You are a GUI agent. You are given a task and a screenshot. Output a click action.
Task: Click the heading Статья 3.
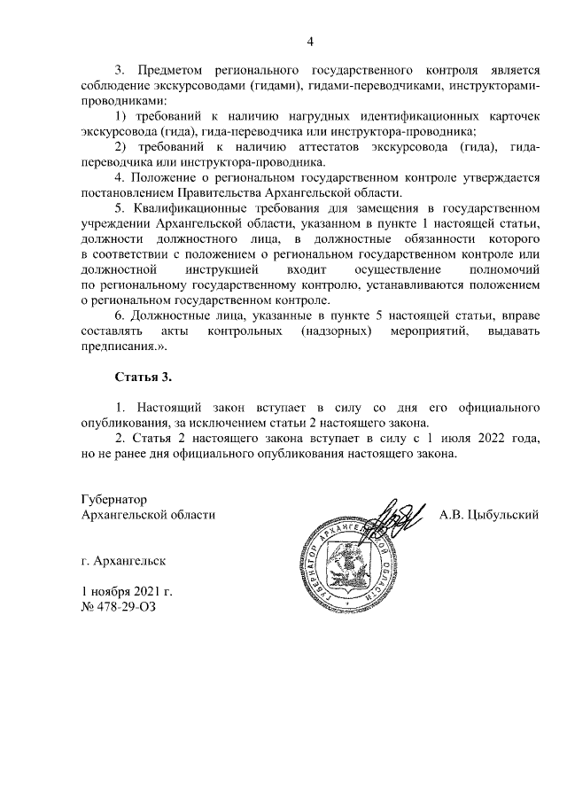143,378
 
